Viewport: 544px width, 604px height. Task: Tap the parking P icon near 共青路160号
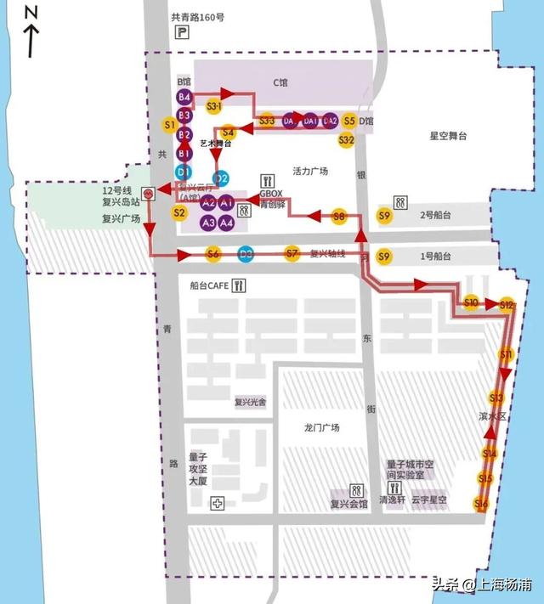(181, 33)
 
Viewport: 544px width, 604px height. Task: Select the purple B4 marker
(184, 97)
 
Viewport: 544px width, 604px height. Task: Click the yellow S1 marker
(169, 126)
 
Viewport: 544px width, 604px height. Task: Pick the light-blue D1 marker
(184, 171)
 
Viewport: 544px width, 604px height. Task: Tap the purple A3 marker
(208, 223)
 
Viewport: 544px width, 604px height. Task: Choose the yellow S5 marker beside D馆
(349, 121)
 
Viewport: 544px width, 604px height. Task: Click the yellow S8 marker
(340, 217)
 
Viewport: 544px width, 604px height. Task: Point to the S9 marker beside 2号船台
(384, 216)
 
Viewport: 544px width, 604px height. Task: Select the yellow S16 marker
(481, 505)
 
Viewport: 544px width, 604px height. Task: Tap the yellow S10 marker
(472, 302)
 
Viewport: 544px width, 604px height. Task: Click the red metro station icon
(149, 193)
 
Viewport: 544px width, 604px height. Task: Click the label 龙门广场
(321, 427)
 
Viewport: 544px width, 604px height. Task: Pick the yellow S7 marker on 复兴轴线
(292, 253)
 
